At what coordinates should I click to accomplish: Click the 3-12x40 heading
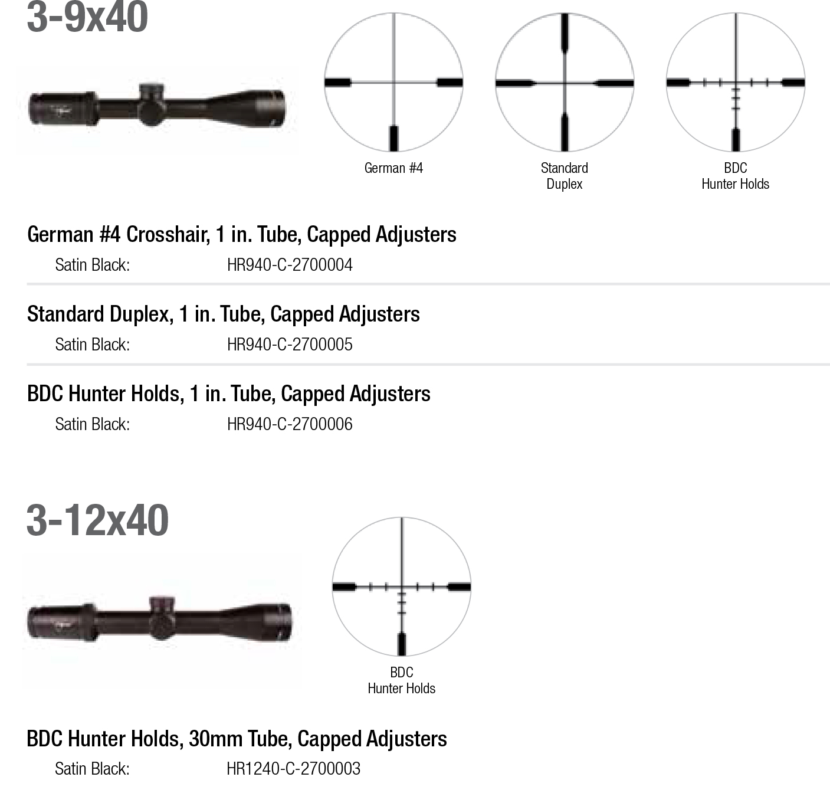click(x=98, y=520)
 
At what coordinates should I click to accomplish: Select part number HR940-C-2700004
click(x=290, y=265)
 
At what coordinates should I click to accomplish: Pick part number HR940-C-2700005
click(x=290, y=345)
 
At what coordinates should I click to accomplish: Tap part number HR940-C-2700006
click(x=290, y=425)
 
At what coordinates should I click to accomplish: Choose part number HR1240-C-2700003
click(x=293, y=769)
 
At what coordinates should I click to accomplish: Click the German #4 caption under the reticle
click(x=393, y=168)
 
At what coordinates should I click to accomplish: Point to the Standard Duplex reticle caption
click(x=565, y=176)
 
